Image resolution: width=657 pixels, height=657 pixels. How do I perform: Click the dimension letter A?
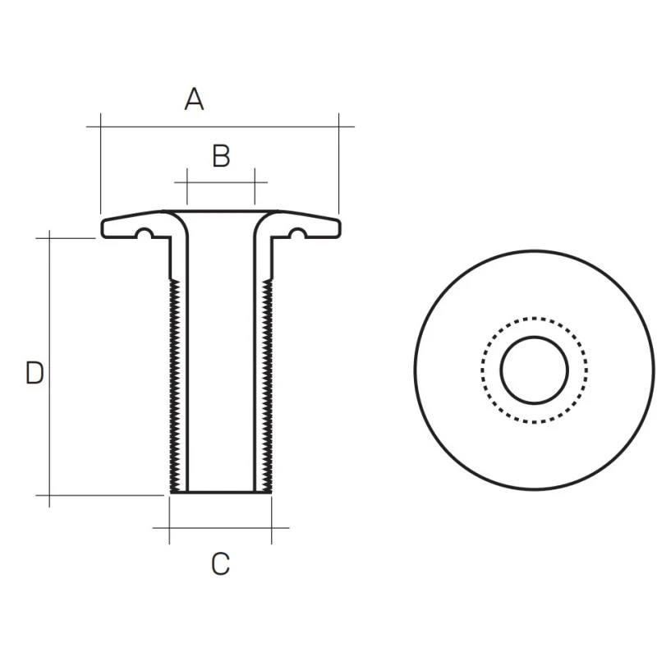click(x=194, y=100)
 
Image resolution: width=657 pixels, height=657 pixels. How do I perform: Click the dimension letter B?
click(x=221, y=156)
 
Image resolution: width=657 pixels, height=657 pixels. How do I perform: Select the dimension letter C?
click(x=220, y=564)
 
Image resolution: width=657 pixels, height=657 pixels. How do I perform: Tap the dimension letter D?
click(x=34, y=373)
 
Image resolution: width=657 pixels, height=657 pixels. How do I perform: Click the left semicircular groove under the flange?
click(x=145, y=234)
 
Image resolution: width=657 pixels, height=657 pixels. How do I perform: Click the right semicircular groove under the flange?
click(x=296, y=234)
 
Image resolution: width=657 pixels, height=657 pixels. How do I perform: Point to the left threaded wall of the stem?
click(x=175, y=386)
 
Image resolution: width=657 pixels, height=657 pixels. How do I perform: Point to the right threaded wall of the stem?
click(x=267, y=386)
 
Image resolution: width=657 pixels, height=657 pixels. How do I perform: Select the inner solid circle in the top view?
click(x=535, y=337)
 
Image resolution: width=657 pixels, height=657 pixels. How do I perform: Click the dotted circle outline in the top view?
click(x=535, y=318)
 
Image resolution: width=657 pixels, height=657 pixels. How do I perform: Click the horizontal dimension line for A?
click(x=246, y=126)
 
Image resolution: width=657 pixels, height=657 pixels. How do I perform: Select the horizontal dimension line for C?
click(x=220, y=528)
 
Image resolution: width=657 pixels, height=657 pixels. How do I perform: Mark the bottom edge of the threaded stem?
click(x=221, y=492)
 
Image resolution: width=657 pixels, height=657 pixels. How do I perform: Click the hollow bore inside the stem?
click(x=221, y=370)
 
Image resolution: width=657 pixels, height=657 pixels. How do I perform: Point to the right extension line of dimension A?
click(x=338, y=164)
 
